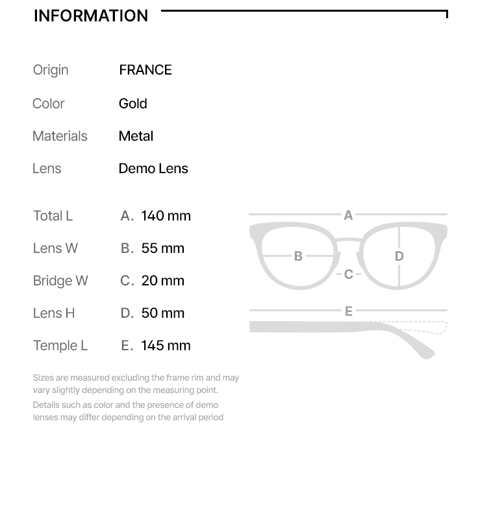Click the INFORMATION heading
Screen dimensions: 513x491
[x=91, y=16]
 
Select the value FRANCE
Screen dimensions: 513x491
[x=145, y=70]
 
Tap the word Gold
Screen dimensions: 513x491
[x=133, y=104]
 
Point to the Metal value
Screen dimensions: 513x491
[x=136, y=136]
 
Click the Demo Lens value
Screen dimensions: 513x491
[x=153, y=169]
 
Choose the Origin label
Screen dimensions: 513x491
[x=51, y=70]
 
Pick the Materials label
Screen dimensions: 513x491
[x=60, y=136]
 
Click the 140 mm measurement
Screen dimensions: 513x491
[x=166, y=216]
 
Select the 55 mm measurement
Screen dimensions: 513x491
[x=162, y=248]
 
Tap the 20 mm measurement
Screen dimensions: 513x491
[x=162, y=281]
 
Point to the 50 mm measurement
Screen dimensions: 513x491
[x=162, y=313]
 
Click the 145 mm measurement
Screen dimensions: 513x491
[x=166, y=346]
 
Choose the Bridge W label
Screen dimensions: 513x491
[x=60, y=281]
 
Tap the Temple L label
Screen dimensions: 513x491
[x=60, y=346]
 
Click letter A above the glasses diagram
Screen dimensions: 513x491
[x=348, y=215]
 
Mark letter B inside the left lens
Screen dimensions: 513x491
[x=298, y=256]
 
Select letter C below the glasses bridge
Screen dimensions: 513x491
[x=349, y=274]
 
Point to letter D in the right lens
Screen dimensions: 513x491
[x=399, y=256]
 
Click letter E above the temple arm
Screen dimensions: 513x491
[x=349, y=311]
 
